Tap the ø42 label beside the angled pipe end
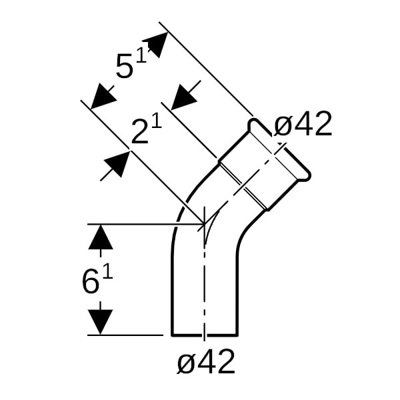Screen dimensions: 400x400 click(303, 125)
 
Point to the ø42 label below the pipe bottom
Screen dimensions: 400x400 click(207, 362)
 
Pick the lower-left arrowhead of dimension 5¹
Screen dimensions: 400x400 click(102, 97)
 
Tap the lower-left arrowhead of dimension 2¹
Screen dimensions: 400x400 click(117, 164)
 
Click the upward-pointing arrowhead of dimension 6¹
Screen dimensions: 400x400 click(101, 237)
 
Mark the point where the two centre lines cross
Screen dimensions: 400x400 click(204, 224)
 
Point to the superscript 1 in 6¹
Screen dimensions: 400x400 click(107, 272)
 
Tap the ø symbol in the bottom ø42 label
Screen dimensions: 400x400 click(186, 363)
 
